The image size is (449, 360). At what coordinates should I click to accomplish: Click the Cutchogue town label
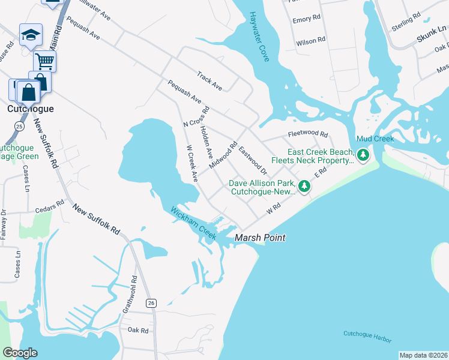click(30, 109)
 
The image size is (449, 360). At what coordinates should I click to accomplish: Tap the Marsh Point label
click(259, 238)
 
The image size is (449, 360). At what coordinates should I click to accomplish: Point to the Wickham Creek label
click(193, 223)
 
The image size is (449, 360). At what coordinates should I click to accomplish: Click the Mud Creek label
click(375, 139)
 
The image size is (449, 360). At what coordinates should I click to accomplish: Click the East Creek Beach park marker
click(363, 155)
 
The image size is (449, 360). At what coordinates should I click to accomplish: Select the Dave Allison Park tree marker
click(304, 187)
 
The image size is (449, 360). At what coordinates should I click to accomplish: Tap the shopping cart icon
click(44, 60)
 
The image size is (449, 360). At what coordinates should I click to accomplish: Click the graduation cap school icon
click(31, 35)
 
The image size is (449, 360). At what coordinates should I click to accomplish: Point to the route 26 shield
click(151, 304)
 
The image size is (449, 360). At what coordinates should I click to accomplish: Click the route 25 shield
click(19, 127)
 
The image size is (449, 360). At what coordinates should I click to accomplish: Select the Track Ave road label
click(209, 80)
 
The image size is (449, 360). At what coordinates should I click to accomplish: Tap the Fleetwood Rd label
click(308, 134)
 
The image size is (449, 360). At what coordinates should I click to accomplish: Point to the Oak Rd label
click(137, 330)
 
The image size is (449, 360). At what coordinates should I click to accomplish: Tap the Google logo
click(19, 353)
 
